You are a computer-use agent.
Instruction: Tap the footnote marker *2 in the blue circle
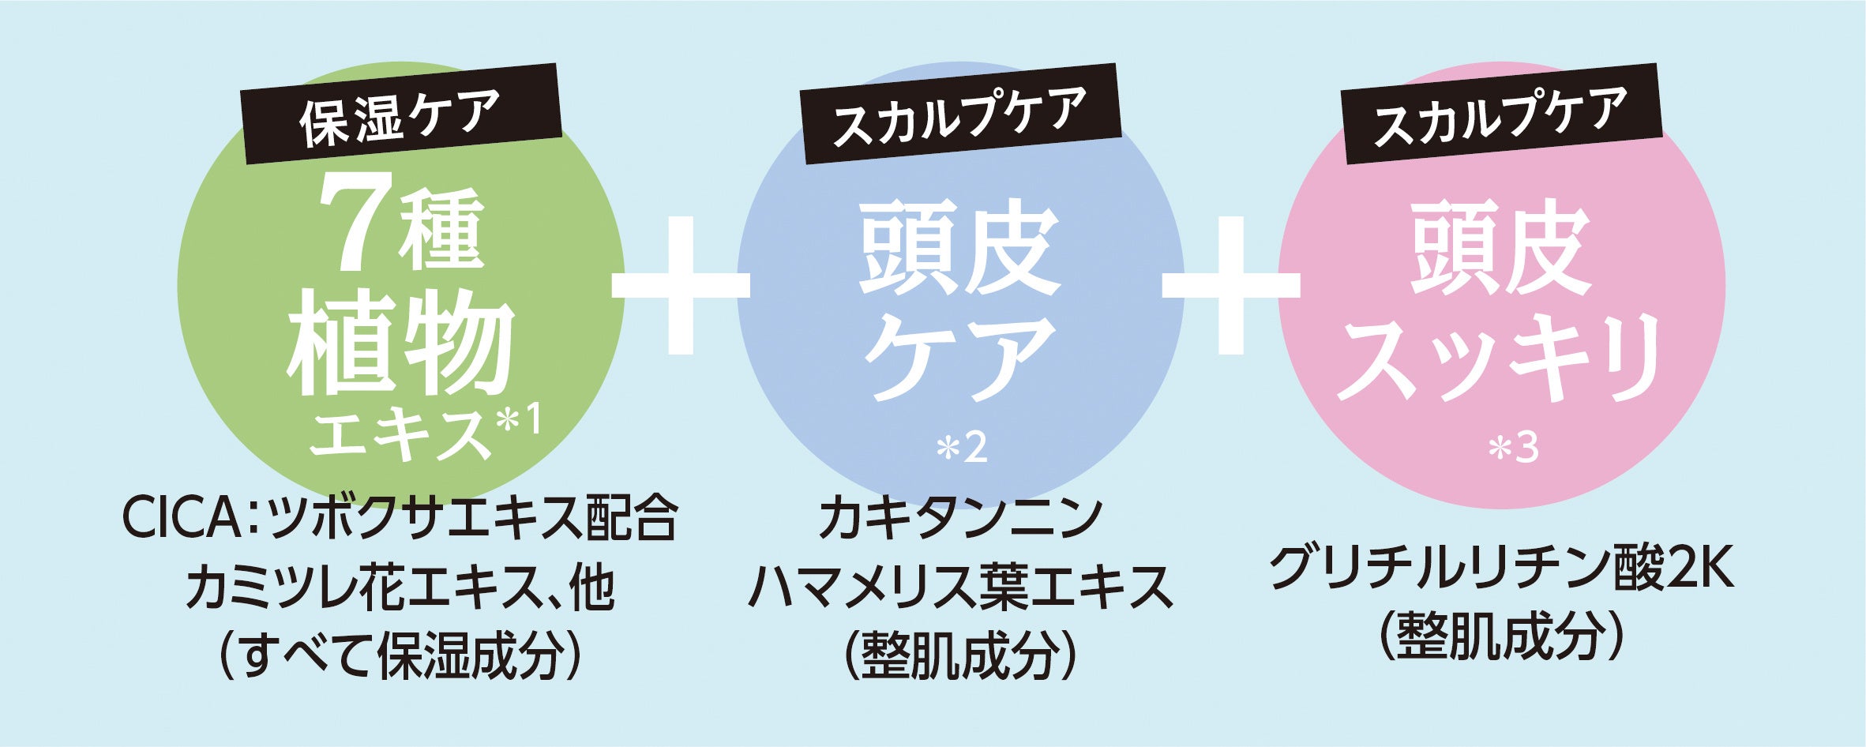pos(961,449)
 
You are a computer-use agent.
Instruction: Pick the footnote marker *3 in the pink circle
pos(1513,449)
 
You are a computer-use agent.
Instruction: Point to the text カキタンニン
pos(960,518)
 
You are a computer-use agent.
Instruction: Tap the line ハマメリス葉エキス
pos(960,587)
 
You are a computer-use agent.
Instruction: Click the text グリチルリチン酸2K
pos(1502,570)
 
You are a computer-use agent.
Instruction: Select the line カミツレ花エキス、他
pos(400,589)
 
